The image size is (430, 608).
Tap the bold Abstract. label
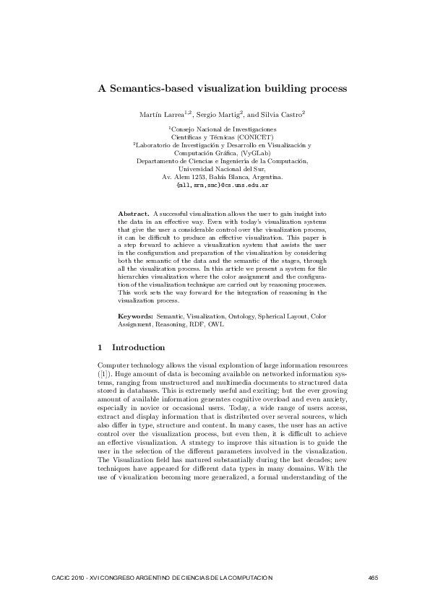tap(134, 214)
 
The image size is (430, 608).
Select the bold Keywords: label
tap(135, 316)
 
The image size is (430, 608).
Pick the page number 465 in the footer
tap(374, 578)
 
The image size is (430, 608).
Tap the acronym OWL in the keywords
tap(215, 324)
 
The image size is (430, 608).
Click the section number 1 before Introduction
tap(100, 347)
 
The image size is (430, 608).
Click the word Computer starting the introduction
tap(112, 369)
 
